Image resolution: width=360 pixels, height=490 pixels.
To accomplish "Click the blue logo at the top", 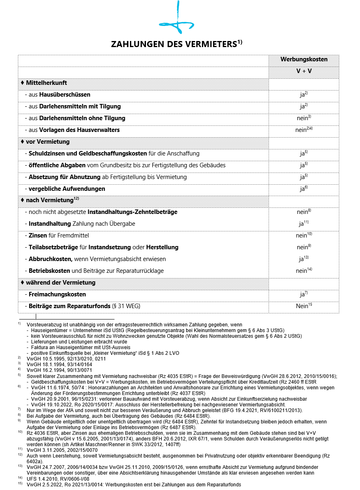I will pos(177,20).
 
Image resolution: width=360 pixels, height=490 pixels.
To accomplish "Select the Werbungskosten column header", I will pos(304,59).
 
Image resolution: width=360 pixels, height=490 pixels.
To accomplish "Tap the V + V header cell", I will pos(304,71).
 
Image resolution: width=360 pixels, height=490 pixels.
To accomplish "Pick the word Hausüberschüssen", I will pos(65,95).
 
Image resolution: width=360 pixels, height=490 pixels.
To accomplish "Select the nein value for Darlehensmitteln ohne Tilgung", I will pos(303,118).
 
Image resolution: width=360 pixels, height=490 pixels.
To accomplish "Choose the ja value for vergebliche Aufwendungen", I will pos(302,189).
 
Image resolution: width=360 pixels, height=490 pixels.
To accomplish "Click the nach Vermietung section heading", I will pos(49,200).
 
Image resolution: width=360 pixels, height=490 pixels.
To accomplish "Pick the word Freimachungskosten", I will pos(57,294).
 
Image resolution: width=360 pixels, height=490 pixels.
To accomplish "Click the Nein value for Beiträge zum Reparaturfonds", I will pos(302,306).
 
